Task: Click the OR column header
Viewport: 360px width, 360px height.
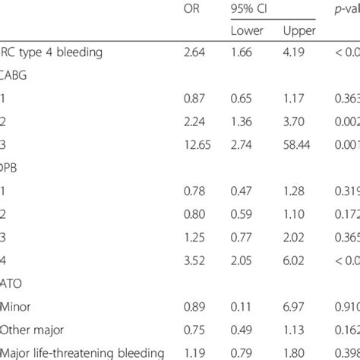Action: (194, 9)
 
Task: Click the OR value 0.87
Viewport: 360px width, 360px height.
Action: (194, 97)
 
